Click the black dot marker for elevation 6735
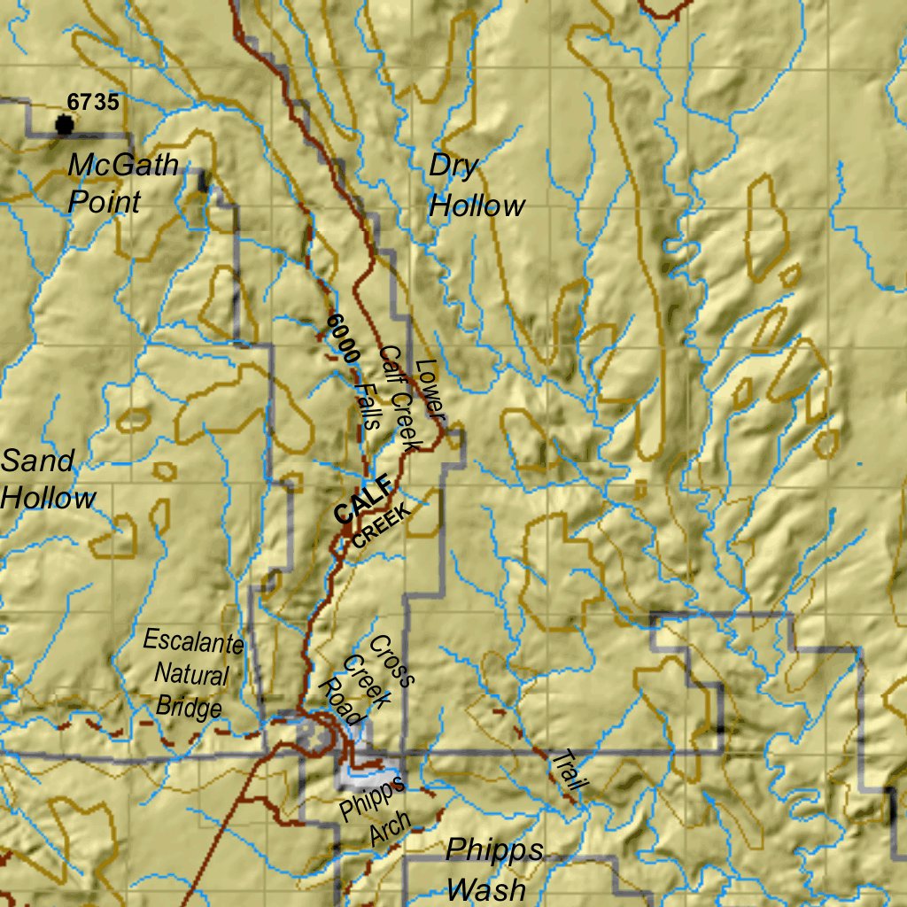(64, 125)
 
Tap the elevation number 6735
(92, 102)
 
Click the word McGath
(122, 165)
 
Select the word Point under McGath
(105, 202)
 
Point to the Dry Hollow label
(476, 186)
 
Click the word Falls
(365, 405)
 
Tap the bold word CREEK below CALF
(382, 526)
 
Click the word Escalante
(192, 640)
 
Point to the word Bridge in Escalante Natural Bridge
(188, 708)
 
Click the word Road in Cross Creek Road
(341, 702)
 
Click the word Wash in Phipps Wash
(486, 888)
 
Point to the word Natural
(191, 674)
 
